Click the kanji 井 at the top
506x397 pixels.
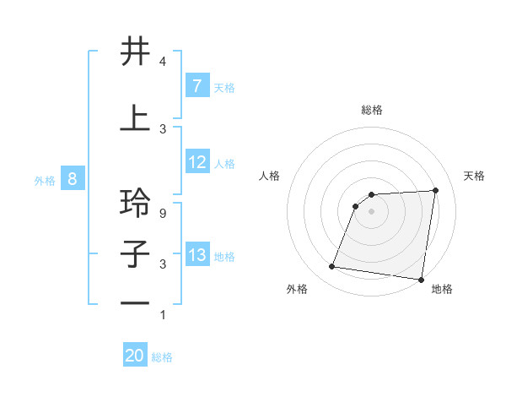tap(136, 52)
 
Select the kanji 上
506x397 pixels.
tap(136, 118)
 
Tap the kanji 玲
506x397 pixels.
tap(136, 204)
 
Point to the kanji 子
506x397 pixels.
tap(136, 254)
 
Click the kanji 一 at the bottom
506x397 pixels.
tap(136, 305)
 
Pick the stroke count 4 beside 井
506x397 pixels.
tap(162, 62)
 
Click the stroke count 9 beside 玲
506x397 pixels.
tap(162, 214)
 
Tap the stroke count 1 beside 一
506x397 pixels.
tap(162, 315)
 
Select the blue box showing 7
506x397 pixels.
tap(196, 85)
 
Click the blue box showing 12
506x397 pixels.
tap(196, 163)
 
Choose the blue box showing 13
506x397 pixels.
tap(196, 255)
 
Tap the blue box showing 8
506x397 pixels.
tap(73, 179)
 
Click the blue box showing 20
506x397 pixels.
tap(135, 356)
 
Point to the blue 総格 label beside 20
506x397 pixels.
tap(162, 357)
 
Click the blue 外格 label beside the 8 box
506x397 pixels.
tap(45, 180)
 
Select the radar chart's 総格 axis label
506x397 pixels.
tap(372, 110)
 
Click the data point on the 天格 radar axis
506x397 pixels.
tap(435, 190)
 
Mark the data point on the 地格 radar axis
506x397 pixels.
tap(421, 279)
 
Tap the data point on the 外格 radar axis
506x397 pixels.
tap(331, 267)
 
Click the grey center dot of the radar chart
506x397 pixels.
tap(372, 211)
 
